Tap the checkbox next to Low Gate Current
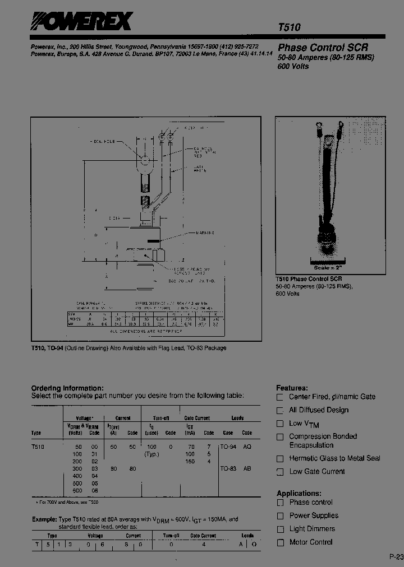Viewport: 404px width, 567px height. tap(280, 472)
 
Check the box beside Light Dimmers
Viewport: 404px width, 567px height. tap(280, 529)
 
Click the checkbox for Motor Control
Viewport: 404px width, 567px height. tap(280, 543)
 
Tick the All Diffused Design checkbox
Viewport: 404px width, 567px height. tap(280, 411)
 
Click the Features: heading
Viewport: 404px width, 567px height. tap(292, 388)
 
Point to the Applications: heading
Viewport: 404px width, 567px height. tap(299, 493)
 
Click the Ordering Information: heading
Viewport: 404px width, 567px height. tap(67, 388)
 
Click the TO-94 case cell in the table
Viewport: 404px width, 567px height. tap(228, 447)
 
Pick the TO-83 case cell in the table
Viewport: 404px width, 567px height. tap(228, 468)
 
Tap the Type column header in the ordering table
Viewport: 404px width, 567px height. tap(36, 433)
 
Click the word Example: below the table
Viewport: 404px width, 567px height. tap(44, 519)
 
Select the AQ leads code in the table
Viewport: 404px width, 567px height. tap(247, 447)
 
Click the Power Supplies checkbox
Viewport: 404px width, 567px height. tap(280, 516)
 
